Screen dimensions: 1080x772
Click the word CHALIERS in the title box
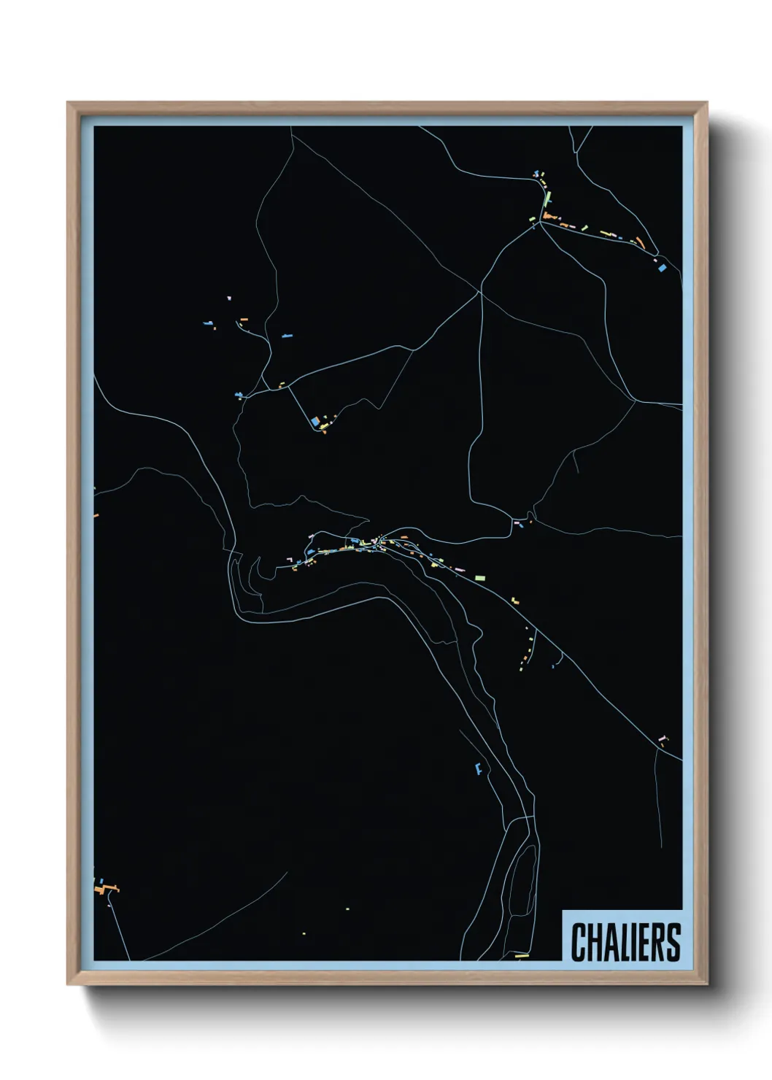625,942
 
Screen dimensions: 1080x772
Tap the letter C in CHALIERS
577,942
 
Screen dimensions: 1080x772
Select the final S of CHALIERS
673,942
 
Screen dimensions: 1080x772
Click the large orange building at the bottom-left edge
106,889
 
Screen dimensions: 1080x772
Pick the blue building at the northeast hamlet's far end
663,268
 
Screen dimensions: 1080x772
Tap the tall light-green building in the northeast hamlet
548,198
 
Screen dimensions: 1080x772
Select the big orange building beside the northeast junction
549,217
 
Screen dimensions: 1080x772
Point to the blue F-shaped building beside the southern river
479,768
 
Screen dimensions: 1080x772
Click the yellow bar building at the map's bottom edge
521,954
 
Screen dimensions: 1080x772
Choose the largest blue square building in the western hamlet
315,421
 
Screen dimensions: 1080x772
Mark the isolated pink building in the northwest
228,298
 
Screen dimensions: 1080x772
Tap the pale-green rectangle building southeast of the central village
479,577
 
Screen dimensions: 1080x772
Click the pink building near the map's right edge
662,738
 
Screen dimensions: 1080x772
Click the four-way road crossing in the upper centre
479,292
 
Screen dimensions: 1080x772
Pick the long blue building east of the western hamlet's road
287,336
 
